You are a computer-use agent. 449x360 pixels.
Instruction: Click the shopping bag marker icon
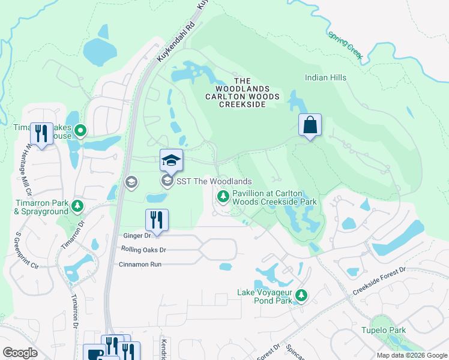click(x=310, y=125)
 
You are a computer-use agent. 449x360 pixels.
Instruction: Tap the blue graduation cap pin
click(x=171, y=161)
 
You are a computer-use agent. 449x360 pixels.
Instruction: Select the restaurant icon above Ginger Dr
click(x=157, y=220)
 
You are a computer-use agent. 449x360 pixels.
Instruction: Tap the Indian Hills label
click(x=325, y=77)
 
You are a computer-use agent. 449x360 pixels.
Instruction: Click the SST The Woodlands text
click(x=214, y=181)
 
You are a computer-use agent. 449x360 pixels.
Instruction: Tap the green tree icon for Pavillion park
click(x=223, y=197)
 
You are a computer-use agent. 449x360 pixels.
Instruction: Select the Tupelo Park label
click(x=384, y=330)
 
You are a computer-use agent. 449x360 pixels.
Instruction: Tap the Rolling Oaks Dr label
click(x=143, y=250)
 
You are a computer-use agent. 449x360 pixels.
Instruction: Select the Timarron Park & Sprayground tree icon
click(x=77, y=206)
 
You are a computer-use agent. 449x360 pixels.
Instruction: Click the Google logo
click(x=20, y=353)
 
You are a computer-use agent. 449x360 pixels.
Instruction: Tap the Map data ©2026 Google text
click(x=411, y=355)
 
